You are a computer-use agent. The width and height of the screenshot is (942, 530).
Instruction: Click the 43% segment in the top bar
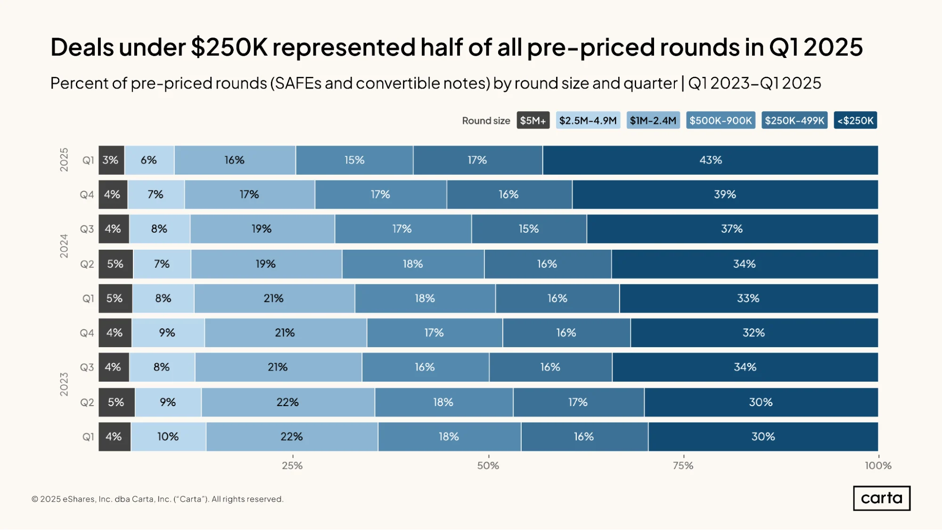click(710, 160)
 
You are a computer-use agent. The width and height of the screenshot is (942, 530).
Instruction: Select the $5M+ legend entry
click(533, 121)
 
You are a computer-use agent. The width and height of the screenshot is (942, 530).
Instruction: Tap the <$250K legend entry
click(855, 121)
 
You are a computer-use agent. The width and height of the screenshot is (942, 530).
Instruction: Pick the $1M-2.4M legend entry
click(653, 121)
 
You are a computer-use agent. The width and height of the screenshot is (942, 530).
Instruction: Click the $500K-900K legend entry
click(721, 121)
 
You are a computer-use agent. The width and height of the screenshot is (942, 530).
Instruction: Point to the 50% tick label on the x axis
click(488, 466)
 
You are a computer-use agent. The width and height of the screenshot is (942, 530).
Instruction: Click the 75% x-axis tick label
click(683, 466)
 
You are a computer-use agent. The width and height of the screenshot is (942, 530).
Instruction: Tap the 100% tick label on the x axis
click(878, 466)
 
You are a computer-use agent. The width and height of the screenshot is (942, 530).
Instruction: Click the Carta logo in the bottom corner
click(882, 498)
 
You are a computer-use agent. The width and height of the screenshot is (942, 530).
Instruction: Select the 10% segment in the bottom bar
click(168, 437)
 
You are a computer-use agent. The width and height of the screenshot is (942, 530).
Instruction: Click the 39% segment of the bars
click(725, 195)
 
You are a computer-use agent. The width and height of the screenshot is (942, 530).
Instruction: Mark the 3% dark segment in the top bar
click(111, 160)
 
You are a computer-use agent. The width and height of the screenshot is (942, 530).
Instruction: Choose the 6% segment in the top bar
click(149, 160)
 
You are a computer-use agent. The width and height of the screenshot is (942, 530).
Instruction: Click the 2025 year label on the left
click(64, 160)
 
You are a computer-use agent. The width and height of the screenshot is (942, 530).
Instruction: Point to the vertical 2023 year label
click(64, 384)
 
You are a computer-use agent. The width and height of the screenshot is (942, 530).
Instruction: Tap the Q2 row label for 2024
click(87, 264)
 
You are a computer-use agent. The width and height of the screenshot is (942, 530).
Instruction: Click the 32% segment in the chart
click(754, 333)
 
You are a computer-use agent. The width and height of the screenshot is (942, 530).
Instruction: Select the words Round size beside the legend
click(486, 121)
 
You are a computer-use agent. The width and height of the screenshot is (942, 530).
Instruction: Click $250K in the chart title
click(229, 48)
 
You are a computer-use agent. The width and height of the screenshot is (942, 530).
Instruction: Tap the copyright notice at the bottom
click(157, 499)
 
